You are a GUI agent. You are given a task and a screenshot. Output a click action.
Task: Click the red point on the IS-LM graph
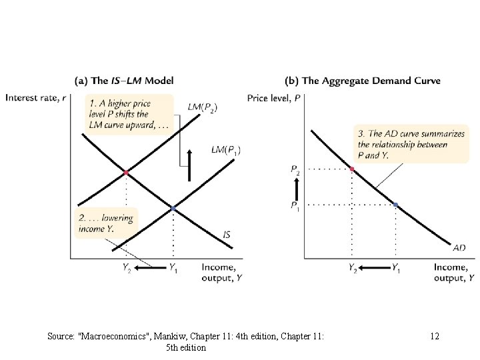click(125, 173)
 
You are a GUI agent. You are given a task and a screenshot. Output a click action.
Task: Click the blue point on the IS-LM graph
click(173, 209)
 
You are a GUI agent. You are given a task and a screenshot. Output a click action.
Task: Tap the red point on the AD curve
click(352, 169)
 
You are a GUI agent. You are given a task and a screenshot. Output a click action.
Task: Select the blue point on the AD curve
click(395, 204)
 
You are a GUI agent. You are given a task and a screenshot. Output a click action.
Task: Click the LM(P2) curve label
click(203, 107)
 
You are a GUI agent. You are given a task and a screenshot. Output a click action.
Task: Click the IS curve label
click(227, 235)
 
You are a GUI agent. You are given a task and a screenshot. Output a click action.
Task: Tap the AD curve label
click(459, 248)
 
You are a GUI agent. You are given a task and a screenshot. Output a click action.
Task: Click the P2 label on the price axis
click(295, 170)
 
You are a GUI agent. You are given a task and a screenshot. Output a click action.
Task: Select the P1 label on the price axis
click(295, 205)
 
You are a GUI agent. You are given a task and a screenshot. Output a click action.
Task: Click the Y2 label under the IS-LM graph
click(125, 268)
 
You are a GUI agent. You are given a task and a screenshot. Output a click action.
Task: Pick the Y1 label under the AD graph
click(396, 268)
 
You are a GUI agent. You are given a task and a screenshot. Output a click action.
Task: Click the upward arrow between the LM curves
click(189, 165)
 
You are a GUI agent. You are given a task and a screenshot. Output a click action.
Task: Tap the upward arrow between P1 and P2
click(295, 187)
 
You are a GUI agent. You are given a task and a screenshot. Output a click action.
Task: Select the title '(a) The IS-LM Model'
click(125, 81)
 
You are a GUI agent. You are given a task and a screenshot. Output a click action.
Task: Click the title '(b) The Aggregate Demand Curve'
click(363, 81)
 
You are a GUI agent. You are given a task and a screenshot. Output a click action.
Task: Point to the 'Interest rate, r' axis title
click(36, 97)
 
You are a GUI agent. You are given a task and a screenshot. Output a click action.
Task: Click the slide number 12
click(435, 337)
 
